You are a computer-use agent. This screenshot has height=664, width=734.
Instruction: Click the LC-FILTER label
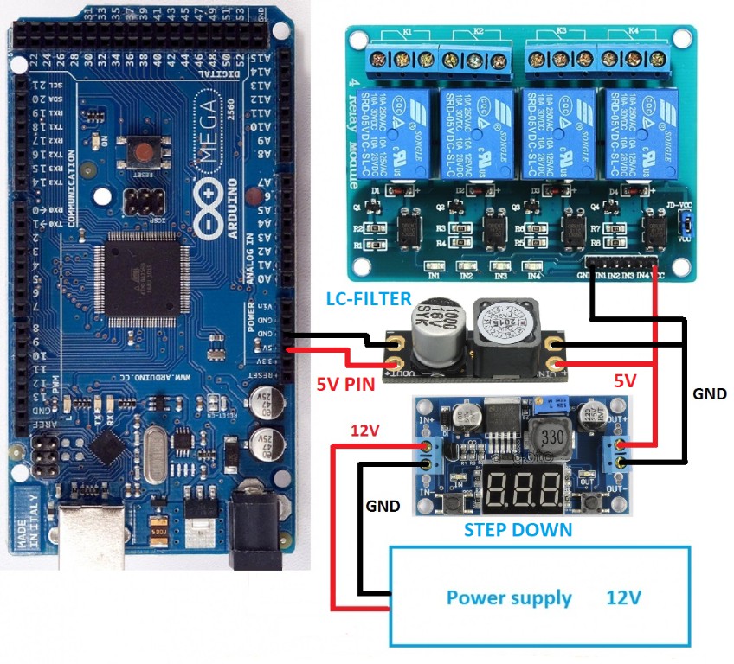click(x=368, y=299)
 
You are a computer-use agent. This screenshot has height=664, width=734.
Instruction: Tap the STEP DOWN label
click(x=518, y=529)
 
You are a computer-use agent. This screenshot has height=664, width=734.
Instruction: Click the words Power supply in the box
click(x=508, y=597)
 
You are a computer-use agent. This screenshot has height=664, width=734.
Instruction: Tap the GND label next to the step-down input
click(x=383, y=506)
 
